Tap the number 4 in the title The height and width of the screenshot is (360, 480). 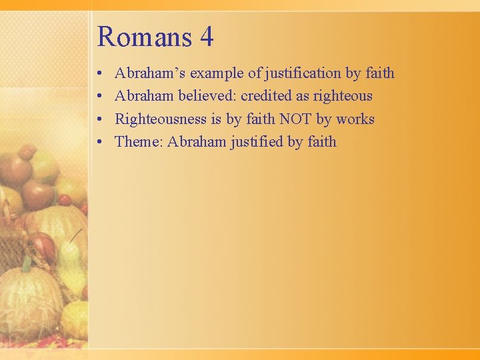(206, 37)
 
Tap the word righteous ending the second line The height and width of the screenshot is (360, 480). (343, 96)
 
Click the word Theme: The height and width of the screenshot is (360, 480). (139, 142)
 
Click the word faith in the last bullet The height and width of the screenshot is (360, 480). (322, 142)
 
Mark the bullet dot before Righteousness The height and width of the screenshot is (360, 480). (99, 120)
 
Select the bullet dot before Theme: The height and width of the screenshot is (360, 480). (99, 143)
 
